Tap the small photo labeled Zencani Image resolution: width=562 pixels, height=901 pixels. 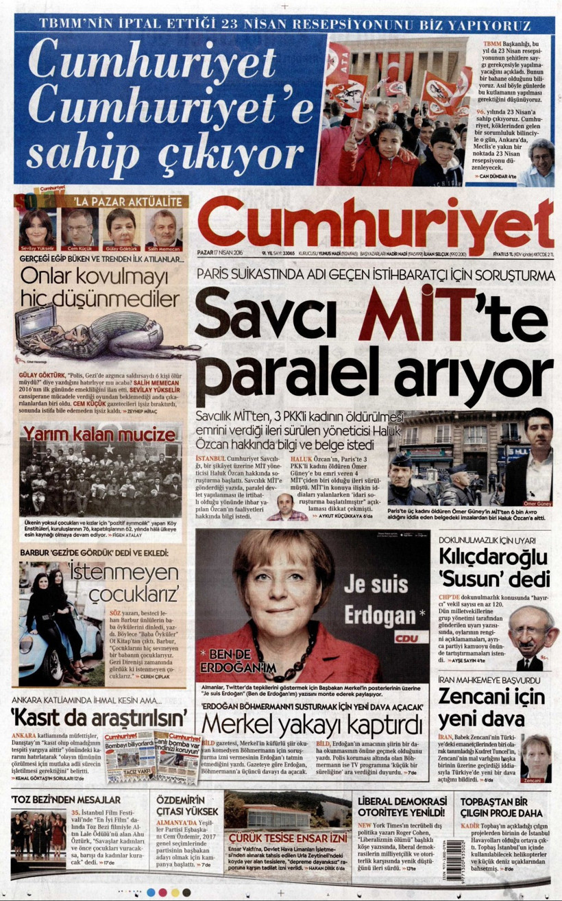click(535, 758)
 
